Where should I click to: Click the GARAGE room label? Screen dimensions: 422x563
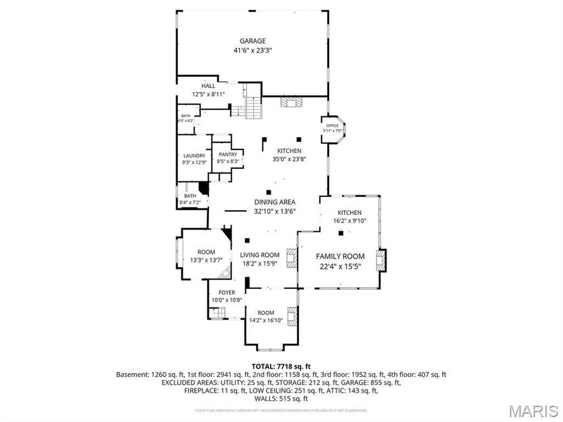point(252,41)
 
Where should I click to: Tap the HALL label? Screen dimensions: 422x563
point(208,86)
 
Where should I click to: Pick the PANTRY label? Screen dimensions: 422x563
point(228,154)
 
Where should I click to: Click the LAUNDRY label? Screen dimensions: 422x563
point(195,156)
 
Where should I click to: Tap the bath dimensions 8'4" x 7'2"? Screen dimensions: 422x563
point(190,203)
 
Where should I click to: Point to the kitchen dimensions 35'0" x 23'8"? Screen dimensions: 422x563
point(290,159)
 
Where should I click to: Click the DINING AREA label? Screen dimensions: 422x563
point(275,202)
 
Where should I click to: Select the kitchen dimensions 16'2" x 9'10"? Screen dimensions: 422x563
point(350,221)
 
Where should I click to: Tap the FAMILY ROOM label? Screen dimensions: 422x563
point(340,256)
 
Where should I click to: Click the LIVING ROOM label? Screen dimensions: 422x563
point(260,255)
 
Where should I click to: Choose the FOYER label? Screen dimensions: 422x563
point(226,293)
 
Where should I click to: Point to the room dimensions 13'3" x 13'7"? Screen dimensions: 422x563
point(206,259)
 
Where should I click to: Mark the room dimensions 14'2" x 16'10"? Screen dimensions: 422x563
point(266,320)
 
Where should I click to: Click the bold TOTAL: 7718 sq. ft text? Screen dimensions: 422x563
point(281,366)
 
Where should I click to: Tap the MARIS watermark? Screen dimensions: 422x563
point(533,411)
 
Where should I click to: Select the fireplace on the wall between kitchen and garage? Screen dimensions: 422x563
point(291,103)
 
